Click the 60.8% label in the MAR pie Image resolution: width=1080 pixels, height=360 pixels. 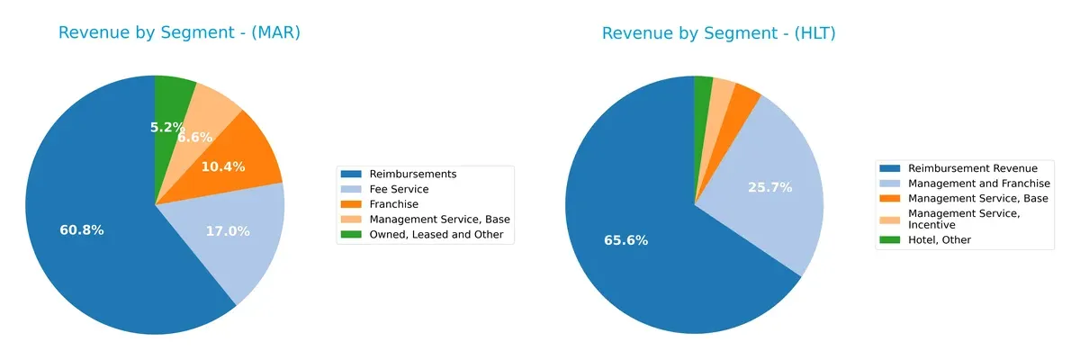pyautogui.click(x=82, y=230)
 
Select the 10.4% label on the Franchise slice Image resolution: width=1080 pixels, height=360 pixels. pyautogui.click(x=221, y=166)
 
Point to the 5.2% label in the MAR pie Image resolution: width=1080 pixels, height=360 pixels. pyautogui.click(x=167, y=128)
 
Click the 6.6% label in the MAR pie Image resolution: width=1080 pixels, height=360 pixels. pyautogui.click(x=194, y=138)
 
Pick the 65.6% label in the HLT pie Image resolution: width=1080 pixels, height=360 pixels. pyautogui.click(x=625, y=240)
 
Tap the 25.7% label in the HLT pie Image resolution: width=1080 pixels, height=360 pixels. pyautogui.click(x=769, y=187)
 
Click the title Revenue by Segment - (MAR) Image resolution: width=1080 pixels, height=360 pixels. pyautogui.click(x=179, y=33)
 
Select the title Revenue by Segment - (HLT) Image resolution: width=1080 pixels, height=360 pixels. pyautogui.click(x=719, y=33)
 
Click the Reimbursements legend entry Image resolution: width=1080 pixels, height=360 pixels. pyautogui.click(x=412, y=174)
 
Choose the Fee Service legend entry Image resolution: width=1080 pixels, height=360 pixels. pyautogui.click(x=399, y=189)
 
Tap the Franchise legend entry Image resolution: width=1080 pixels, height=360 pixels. pyautogui.click(x=392, y=204)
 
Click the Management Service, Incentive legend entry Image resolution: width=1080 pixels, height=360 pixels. pyautogui.click(x=964, y=219)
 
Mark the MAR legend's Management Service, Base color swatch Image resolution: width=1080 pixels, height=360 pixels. pyautogui.click(x=352, y=220)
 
